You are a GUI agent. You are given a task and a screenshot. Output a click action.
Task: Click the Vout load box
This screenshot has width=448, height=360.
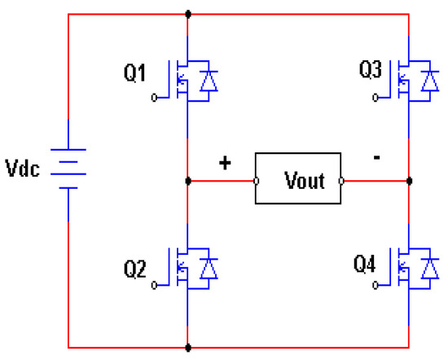point(298,178)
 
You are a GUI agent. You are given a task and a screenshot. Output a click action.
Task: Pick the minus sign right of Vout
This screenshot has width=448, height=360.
point(375,160)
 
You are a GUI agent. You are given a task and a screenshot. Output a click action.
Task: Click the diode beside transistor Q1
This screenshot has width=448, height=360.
point(210,81)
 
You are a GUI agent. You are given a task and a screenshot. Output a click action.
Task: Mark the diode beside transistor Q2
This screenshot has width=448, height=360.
point(210,266)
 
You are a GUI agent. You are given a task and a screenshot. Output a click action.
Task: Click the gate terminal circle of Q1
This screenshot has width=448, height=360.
point(156,98)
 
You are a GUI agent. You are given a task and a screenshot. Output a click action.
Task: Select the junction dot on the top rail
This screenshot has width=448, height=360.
point(188,14)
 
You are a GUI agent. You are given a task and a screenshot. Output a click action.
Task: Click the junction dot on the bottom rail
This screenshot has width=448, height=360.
point(188,347)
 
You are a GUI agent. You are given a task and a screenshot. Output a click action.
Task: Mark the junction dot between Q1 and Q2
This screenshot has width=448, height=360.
point(188,180)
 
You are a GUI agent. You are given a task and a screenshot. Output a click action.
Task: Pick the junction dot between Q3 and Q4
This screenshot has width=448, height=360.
point(409,180)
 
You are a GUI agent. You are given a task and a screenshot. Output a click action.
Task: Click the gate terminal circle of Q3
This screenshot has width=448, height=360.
point(374,98)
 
